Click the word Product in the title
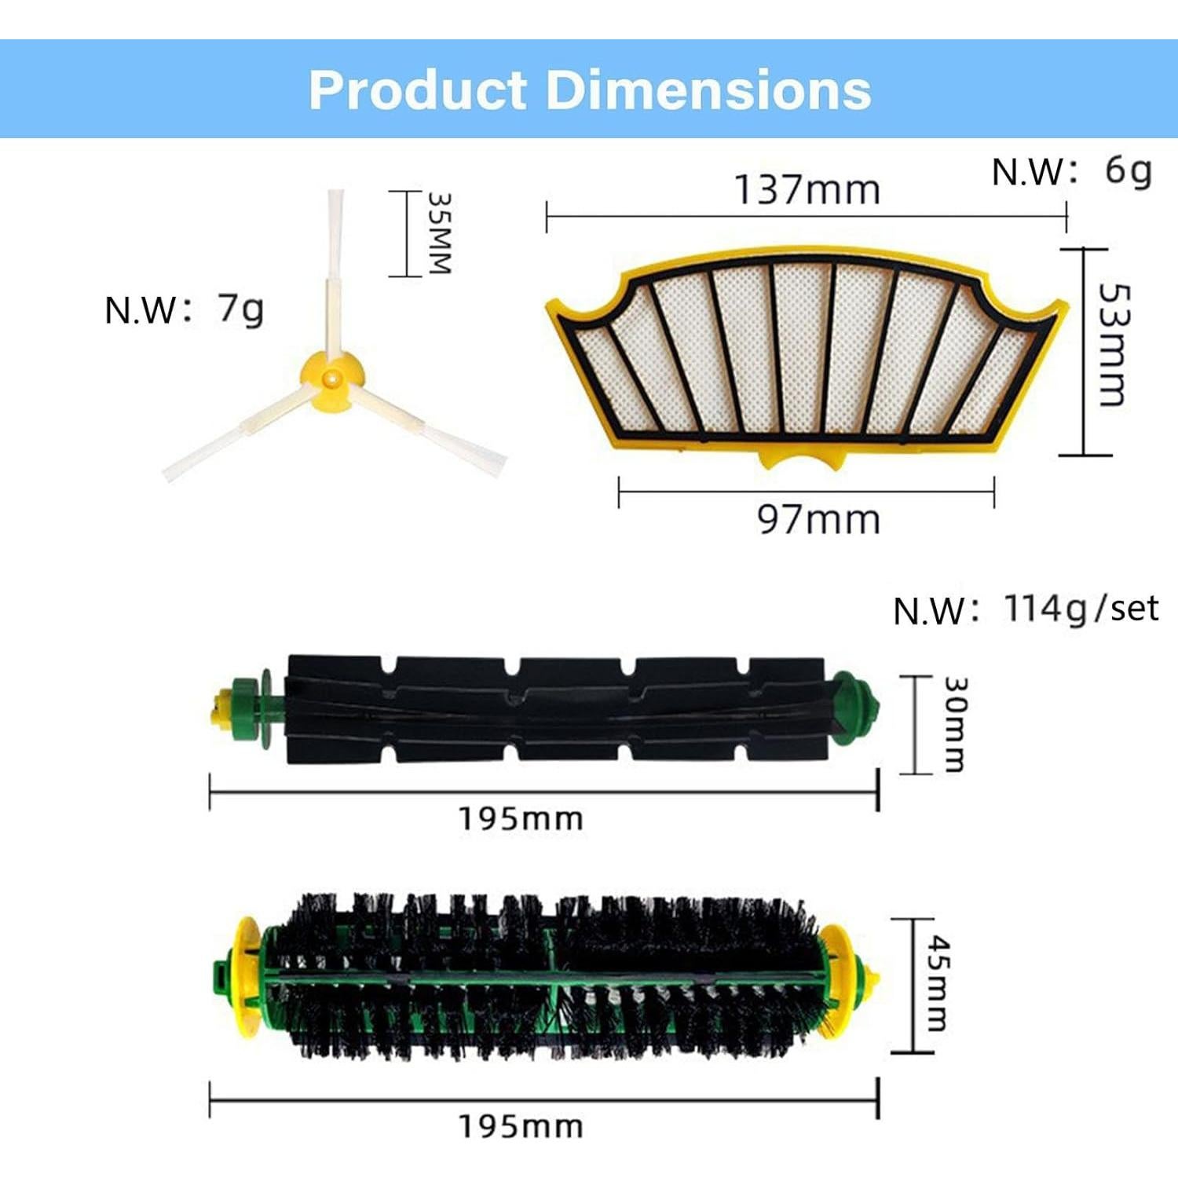coord(417,90)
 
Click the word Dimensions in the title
coord(708,90)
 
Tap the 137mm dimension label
coord(807,190)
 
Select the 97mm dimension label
coord(818,520)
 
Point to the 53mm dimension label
coord(1113,345)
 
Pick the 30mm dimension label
coord(954,724)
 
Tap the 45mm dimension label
coord(938,982)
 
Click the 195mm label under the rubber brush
coord(521,819)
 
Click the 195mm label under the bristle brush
coord(521,1126)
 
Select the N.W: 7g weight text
coord(184,309)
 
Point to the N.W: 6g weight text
coord(1072,171)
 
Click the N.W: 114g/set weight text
coord(1026,609)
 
